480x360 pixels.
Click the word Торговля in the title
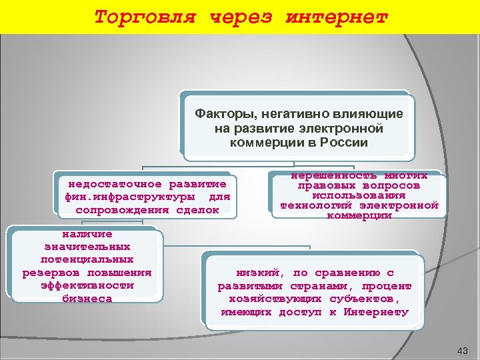tap(145, 17)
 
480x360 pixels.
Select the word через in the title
tap(241, 17)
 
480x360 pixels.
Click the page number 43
tap(463, 351)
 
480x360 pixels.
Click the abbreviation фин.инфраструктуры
tap(131, 197)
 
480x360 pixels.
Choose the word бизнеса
tap(87, 299)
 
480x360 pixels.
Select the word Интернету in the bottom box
tap(377, 312)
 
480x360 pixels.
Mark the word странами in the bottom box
tap(297, 286)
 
